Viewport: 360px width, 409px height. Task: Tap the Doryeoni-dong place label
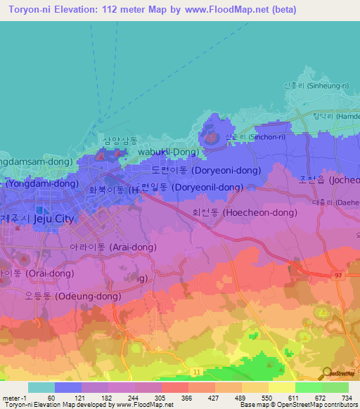tap(198, 170)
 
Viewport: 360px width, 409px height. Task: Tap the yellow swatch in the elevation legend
tap(282, 387)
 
